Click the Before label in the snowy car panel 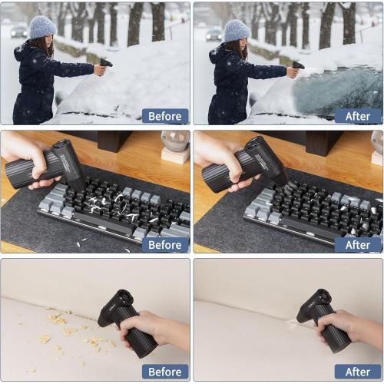tap(165, 116)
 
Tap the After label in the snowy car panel tap(358, 116)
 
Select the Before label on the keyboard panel tap(165, 244)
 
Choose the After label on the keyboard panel tap(358, 244)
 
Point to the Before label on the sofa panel tap(165, 372)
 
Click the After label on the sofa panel tap(358, 372)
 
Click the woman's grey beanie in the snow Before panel tap(41, 28)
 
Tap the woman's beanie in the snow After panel tap(236, 30)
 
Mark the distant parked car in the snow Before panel tap(18, 31)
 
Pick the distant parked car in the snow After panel tap(213, 34)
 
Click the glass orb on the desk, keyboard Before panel tap(175, 141)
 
